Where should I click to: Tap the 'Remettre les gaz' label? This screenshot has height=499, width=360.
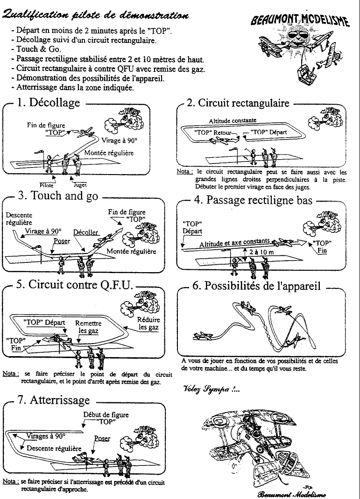(x=88, y=327)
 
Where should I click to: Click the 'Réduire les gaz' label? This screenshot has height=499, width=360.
(x=148, y=323)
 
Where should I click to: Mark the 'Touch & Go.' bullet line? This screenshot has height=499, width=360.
(x=39, y=48)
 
